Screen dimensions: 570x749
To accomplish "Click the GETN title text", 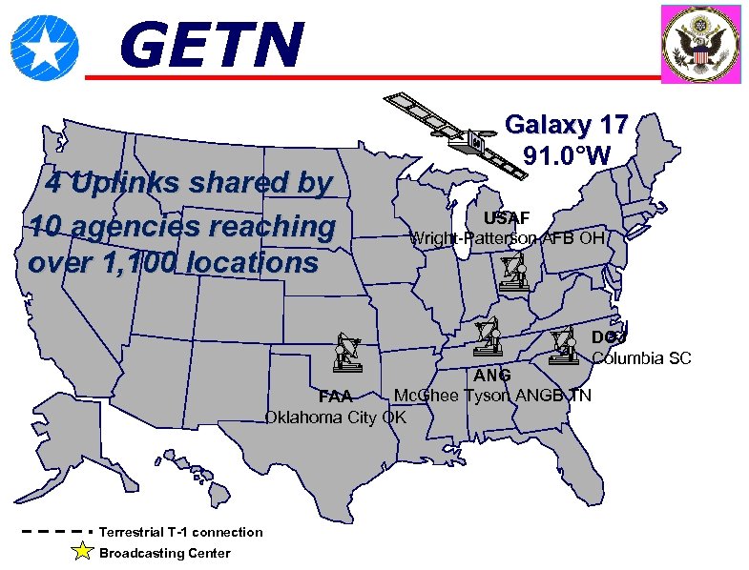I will [212, 46].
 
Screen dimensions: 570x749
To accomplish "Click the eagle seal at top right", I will [701, 45].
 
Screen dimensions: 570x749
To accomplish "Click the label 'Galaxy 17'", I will [566, 125].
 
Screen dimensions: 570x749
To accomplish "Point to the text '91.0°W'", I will [567, 154].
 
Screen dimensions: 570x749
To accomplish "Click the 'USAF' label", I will [507, 218].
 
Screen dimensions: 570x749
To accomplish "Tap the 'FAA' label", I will [336, 397].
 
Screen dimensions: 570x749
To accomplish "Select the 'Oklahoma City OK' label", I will [335, 417].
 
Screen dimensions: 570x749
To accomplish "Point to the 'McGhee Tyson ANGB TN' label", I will [492, 396].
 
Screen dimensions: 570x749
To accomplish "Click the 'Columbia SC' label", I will [641, 358].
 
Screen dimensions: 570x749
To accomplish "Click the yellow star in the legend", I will [83, 552].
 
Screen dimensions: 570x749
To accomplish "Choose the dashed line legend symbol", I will [53, 532].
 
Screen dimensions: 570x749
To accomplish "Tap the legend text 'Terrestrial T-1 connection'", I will [180, 532].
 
